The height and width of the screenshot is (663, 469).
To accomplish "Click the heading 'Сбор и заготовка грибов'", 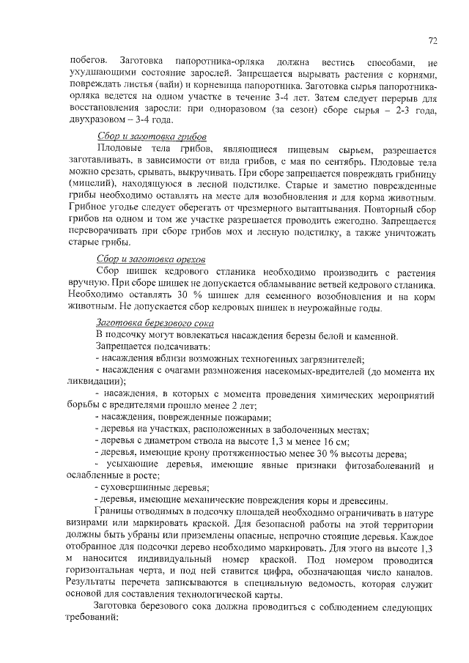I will pyautogui.click(x=152, y=138).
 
